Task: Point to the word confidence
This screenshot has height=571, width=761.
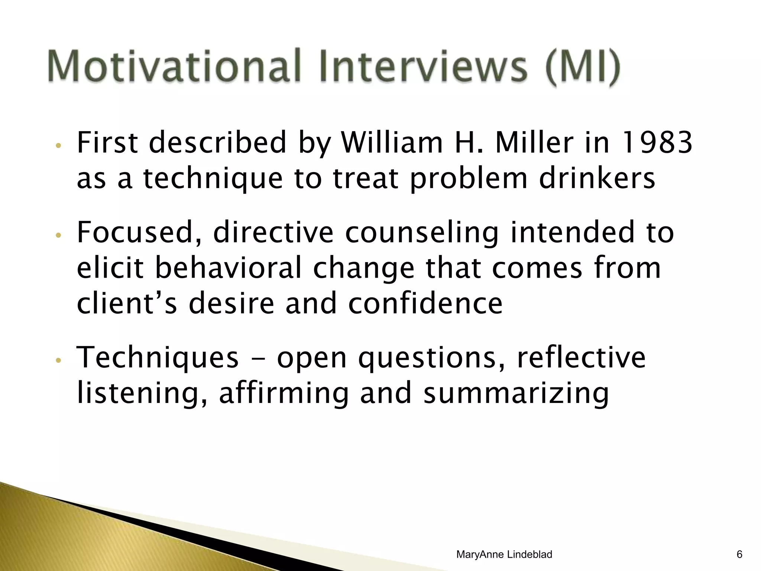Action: pyautogui.click(x=425, y=303)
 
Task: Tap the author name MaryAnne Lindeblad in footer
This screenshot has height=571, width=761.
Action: pyautogui.click(x=504, y=554)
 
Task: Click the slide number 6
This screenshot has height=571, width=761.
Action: pyautogui.click(x=739, y=554)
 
